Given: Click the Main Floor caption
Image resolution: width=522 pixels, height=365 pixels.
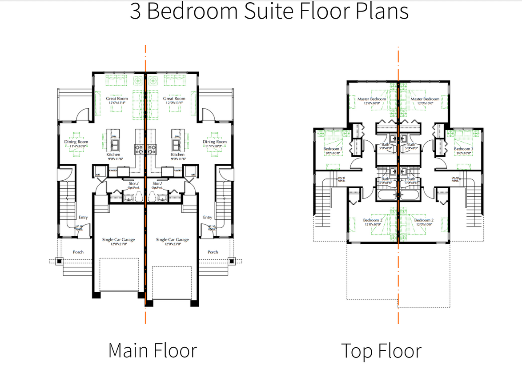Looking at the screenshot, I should pyautogui.click(x=153, y=350).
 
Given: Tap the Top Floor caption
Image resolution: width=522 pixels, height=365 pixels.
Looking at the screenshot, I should pyautogui.click(x=381, y=350).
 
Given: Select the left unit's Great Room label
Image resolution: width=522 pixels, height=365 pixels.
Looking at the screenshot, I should pyautogui.click(x=117, y=99).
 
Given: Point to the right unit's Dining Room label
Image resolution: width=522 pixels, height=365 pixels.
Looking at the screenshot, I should pyautogui.click(x=215, y=142).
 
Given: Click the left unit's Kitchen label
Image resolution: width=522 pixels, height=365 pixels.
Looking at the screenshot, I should pyautogui.click(x=113, y=155).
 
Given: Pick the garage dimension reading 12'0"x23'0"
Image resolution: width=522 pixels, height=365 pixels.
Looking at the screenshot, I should pyautogui.click(x=172, y=243).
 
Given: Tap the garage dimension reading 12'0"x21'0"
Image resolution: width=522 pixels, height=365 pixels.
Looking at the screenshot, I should pyautogui.click(x=118, y=243).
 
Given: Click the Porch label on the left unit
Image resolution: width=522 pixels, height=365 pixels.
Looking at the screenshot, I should pyautogui.click(x=78, y=252).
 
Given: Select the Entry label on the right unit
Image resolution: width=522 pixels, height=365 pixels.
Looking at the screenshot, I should pyautogui.click(x=208, y=217).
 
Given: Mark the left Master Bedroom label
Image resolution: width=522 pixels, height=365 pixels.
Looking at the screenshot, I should pyautogui.click(x=372, y=99).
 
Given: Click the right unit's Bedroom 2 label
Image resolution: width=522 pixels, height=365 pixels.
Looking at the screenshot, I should pyautogui.click(x=424, y=220).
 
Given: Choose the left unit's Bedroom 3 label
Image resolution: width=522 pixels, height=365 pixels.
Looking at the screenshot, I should pyautogui.click(x=333, y=149).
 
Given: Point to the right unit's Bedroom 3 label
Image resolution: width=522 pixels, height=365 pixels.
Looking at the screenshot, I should pyautogui.click(x=464, y=149).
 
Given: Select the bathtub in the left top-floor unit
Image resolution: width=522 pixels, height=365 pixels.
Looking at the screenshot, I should pyautogui.click(x=385, y=195).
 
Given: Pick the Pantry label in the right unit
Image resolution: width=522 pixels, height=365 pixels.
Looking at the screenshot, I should pyautogui.click(x=178, y=170).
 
